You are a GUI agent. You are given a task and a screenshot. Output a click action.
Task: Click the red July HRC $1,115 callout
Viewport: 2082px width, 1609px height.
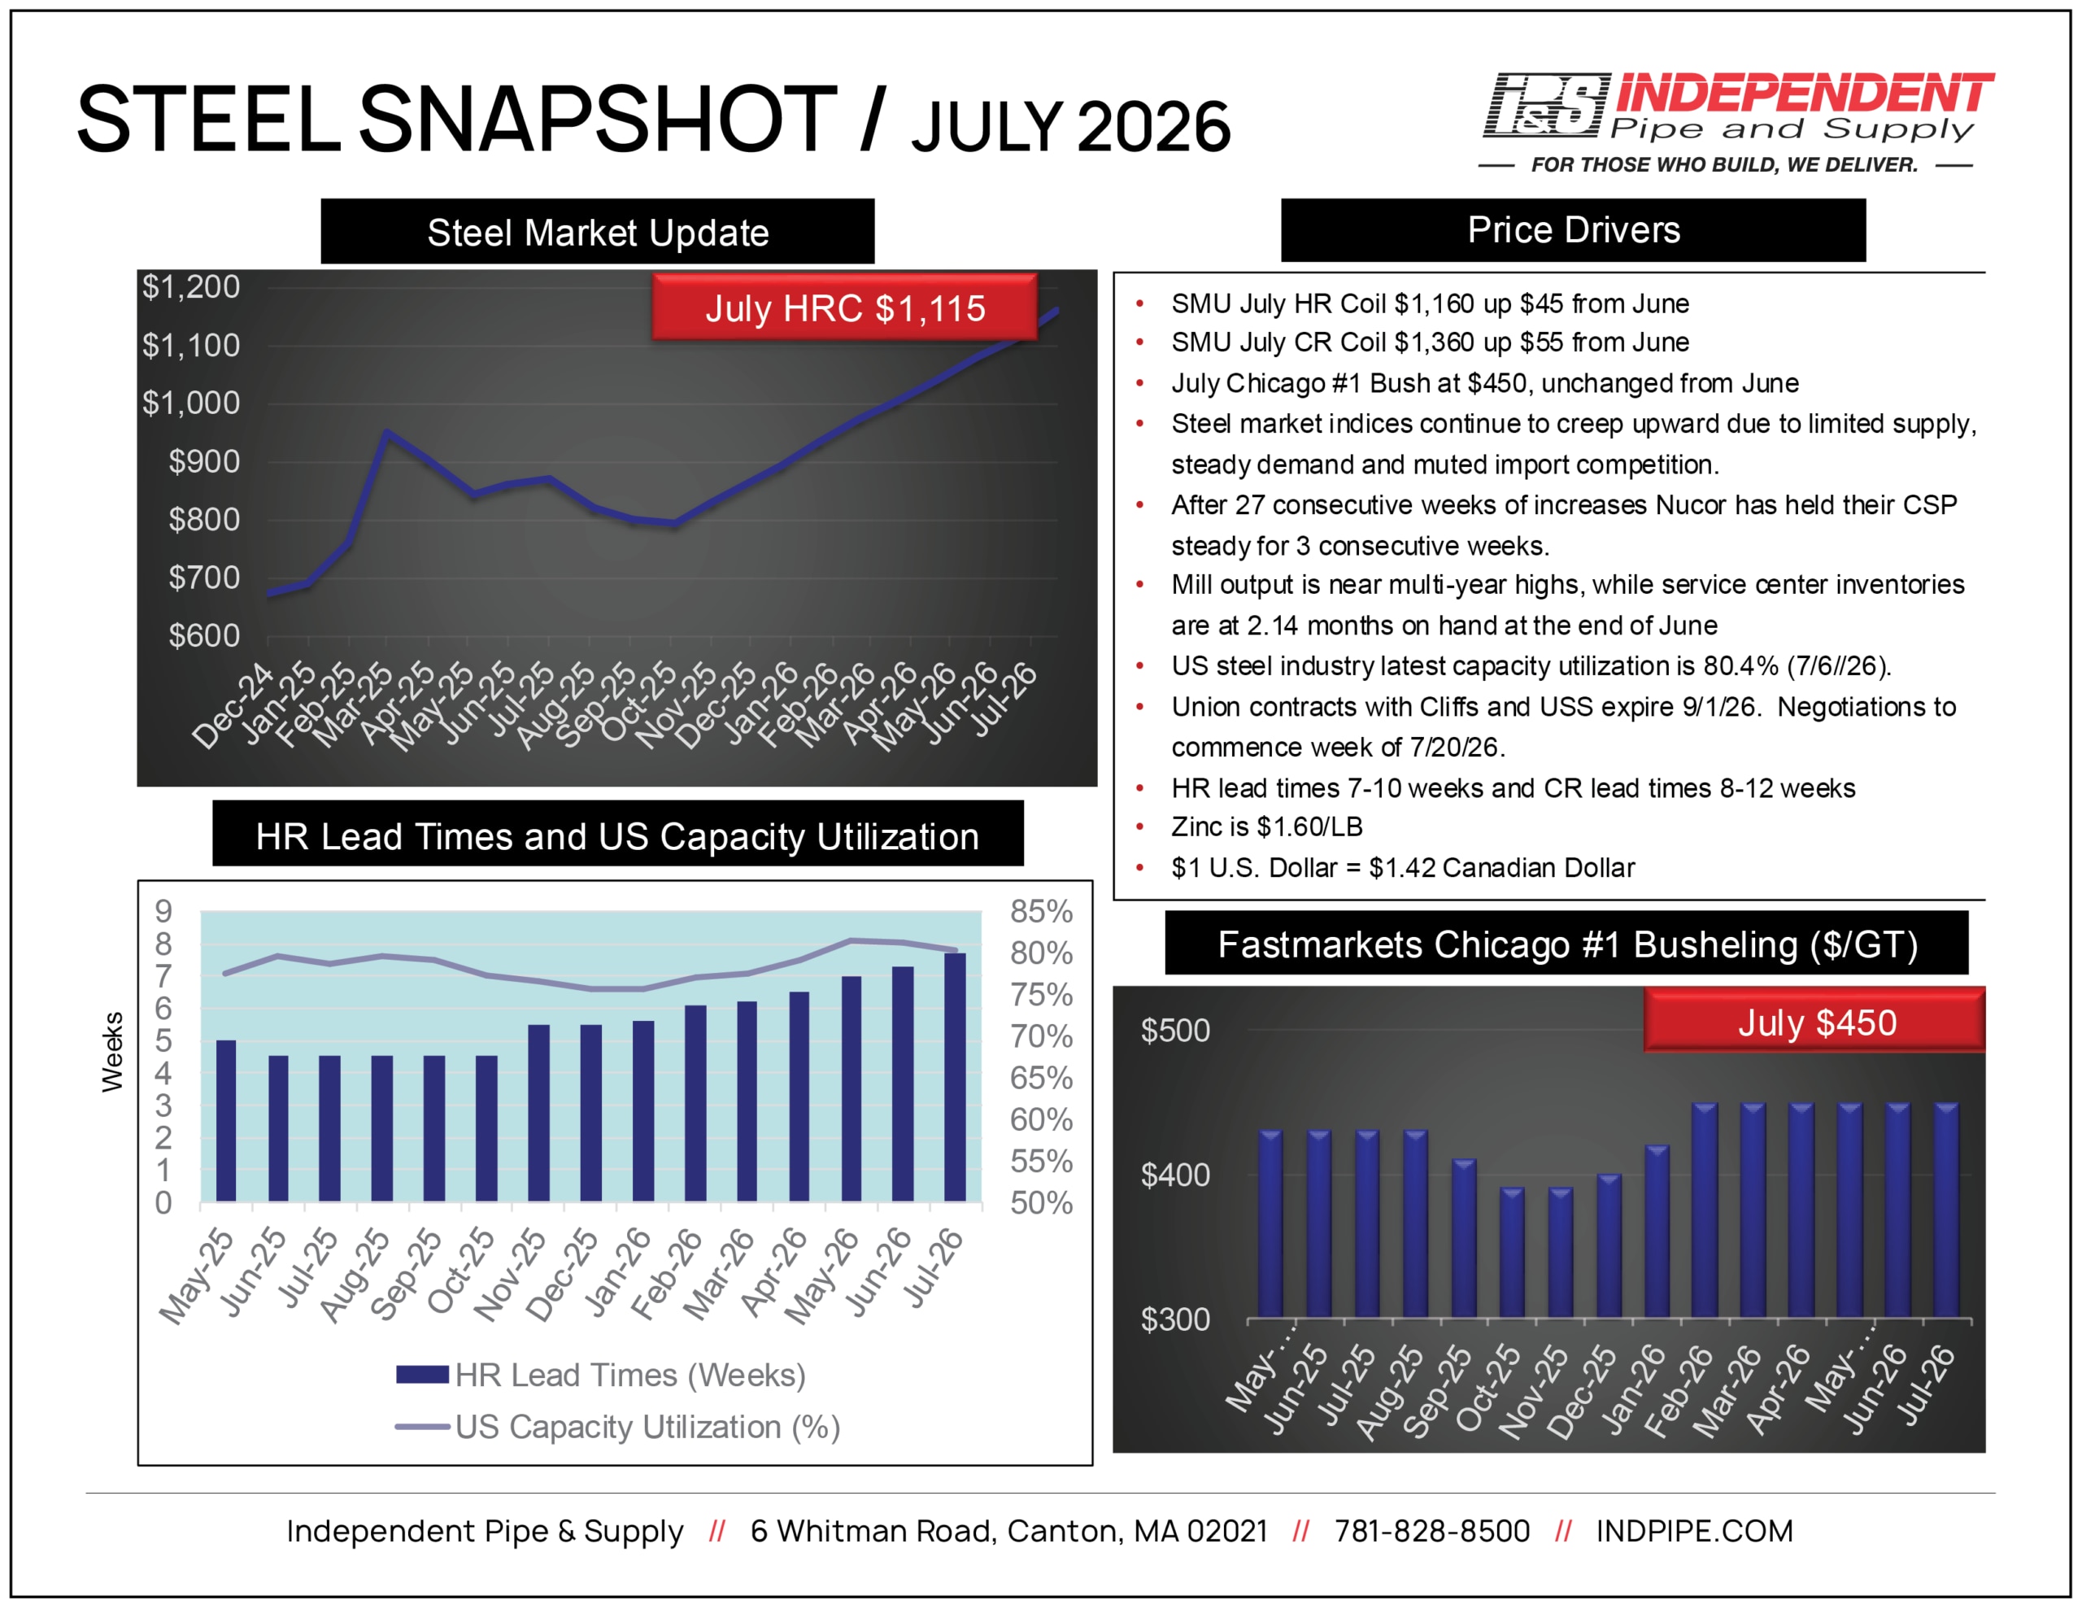(x=845, y=308)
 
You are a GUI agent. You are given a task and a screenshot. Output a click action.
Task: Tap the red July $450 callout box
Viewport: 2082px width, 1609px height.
(x=1814, y=1022)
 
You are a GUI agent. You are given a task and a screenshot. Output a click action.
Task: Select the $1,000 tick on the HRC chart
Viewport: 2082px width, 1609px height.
(x=190, y=403)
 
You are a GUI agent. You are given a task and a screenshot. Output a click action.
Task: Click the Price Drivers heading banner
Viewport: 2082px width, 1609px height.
(x=1573, y=230)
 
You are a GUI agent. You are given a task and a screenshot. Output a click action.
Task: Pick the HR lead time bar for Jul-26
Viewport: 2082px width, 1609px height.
(x=954, y=1077)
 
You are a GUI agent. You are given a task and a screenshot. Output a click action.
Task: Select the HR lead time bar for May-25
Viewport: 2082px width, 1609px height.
(x=226, y=1121)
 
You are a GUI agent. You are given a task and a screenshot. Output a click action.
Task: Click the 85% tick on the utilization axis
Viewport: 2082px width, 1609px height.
(x=1041, y=911)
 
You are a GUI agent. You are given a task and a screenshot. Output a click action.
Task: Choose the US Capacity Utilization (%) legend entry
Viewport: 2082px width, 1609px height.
(x=618, y=1427)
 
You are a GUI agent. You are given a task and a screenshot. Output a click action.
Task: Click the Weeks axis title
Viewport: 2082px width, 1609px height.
(x=112, y=1051)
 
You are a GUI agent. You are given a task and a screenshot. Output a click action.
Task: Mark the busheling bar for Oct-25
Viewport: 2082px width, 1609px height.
(x=1512, y=1252)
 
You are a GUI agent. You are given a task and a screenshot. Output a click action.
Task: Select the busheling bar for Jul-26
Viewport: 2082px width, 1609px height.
(x=1945, y=1210)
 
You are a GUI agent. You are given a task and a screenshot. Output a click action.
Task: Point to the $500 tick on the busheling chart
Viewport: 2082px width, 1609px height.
(x=1175, y=1030)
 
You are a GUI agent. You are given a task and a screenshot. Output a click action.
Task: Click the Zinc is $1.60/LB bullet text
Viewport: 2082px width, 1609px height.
(x=1267, y=827)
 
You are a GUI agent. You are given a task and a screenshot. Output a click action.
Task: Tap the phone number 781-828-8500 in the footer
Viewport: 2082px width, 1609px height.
(x=1432, y=1531)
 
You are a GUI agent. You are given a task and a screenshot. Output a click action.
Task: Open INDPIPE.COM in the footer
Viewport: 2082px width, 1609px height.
(x=1694, y=1531)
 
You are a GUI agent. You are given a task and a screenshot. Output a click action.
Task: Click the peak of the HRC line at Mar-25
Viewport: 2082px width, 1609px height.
(x=386, y=431)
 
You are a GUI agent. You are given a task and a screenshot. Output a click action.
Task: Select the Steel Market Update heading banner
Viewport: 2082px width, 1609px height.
(x=598, y=232)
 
